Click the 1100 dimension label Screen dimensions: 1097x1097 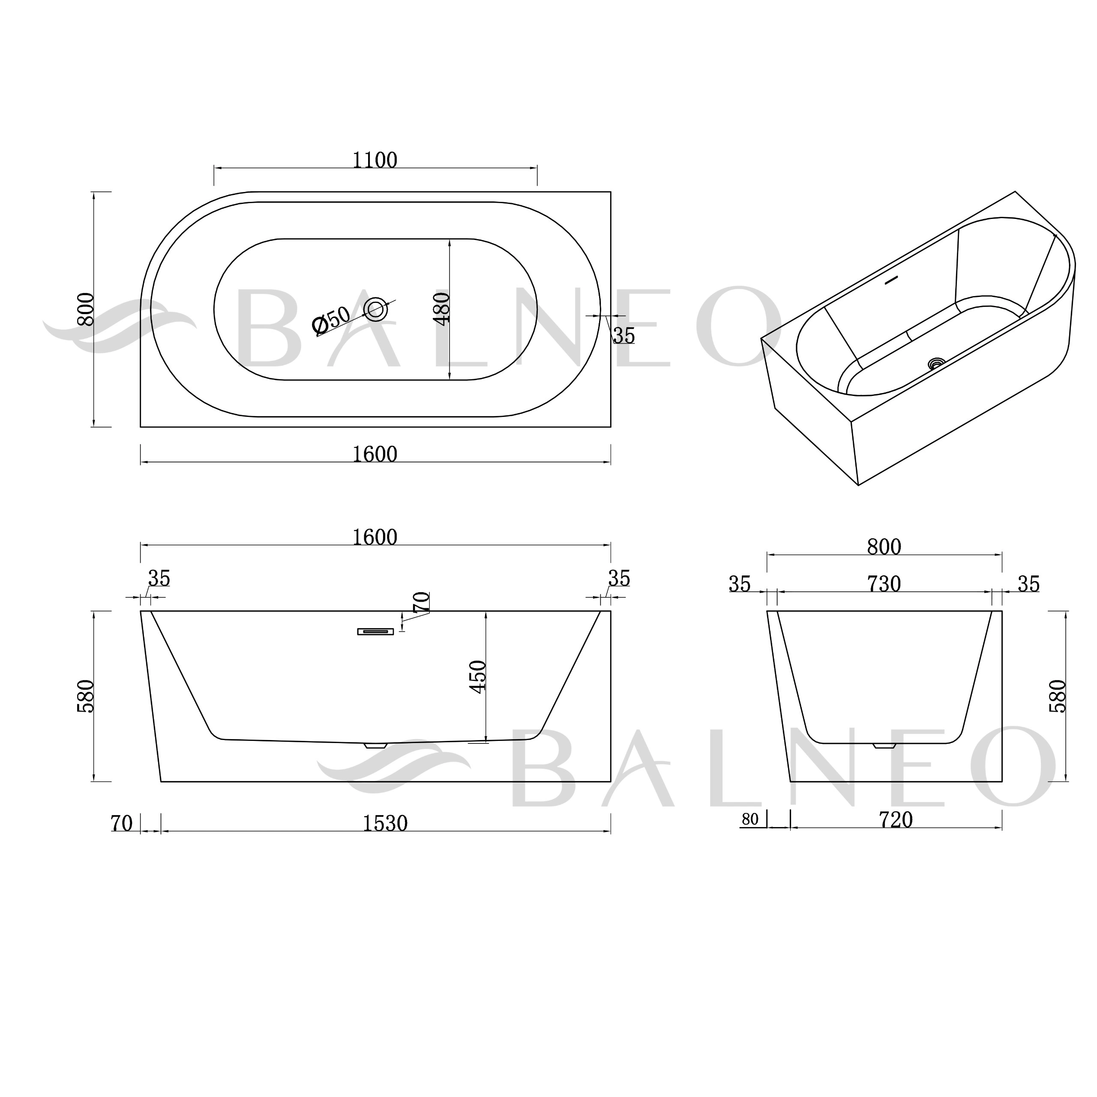tap(375, 161)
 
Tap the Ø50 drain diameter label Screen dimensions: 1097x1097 tap(331, 320)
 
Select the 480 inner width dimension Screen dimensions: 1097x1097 tap(442, 309)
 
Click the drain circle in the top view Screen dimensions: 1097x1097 tap(375, 309)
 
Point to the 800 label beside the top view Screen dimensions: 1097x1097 tap(86, 309)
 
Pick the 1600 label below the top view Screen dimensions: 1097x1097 tap(375, 454)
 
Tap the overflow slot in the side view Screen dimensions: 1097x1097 tap(375, 631)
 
